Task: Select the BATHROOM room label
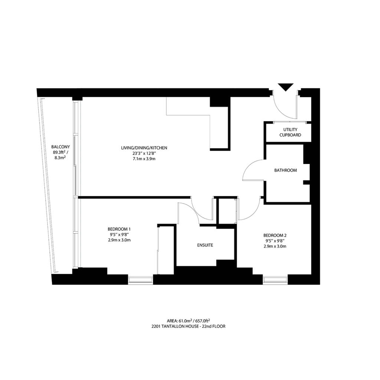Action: [x=285, y=170]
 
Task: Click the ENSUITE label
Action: [x=205, y=245]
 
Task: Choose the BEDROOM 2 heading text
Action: [x=275, y=235]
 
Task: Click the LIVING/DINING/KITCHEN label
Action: [x=144, y=148]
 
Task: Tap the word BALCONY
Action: [x=61, y=147]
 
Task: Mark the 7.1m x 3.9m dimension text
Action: [x=144, y=158]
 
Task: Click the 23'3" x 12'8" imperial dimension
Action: [x=144, y=153]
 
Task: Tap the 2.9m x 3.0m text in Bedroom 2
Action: [x=275, y=246]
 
